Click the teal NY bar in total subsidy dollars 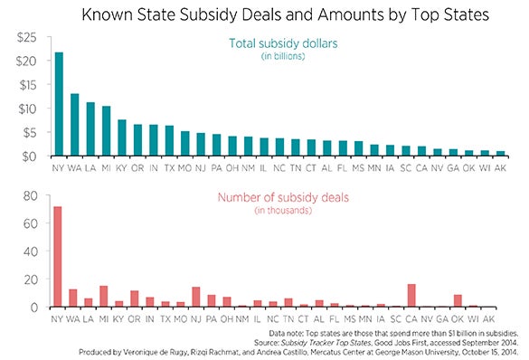click(59, 104)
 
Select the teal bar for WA click(75, 125)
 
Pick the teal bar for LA click(90, 129)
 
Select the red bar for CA click(411, 296)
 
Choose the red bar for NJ click(195, 298)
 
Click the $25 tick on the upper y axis click(29, 37)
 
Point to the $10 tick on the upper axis click(29, 109)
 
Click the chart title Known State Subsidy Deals click(264, 14)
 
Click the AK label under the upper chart click(490, 168)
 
